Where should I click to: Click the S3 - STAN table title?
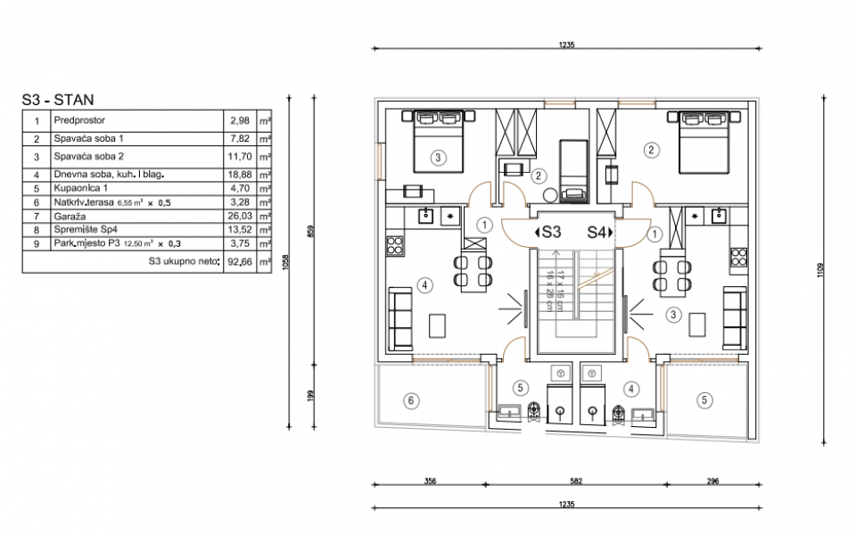58,100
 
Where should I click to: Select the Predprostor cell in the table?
79,120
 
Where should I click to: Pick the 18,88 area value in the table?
240,175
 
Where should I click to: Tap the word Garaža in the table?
70,217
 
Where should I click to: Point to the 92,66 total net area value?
240,261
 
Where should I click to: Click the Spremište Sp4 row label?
86,230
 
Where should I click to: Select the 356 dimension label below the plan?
430,481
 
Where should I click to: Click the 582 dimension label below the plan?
576,481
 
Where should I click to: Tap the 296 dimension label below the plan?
712,481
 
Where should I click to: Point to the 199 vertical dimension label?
311,396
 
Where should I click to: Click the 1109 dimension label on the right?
820,270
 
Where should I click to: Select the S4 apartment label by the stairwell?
599,233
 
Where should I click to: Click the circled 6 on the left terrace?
411,401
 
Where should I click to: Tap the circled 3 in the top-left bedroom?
438,159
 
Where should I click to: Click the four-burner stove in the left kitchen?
395,246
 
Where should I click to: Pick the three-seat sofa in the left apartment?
400,319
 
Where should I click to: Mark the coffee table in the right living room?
696,325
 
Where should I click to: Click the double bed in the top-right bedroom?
704,142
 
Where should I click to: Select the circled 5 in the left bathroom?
520,388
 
